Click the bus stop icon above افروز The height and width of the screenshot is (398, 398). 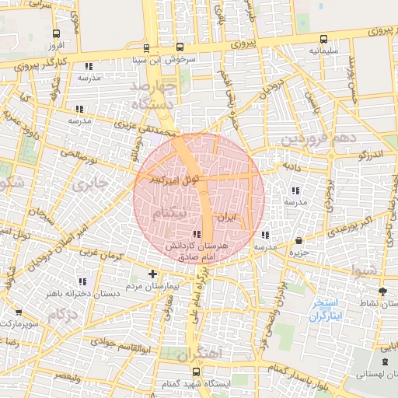pos(55,34)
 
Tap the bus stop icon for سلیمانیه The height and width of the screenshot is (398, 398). pos(323,39)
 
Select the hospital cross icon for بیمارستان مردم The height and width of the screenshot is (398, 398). pos(152,274)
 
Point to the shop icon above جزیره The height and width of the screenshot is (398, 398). pos(300,239)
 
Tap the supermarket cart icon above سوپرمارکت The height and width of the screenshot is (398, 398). pos(19,311)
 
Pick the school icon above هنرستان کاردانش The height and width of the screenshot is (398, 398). pos(197,234)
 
